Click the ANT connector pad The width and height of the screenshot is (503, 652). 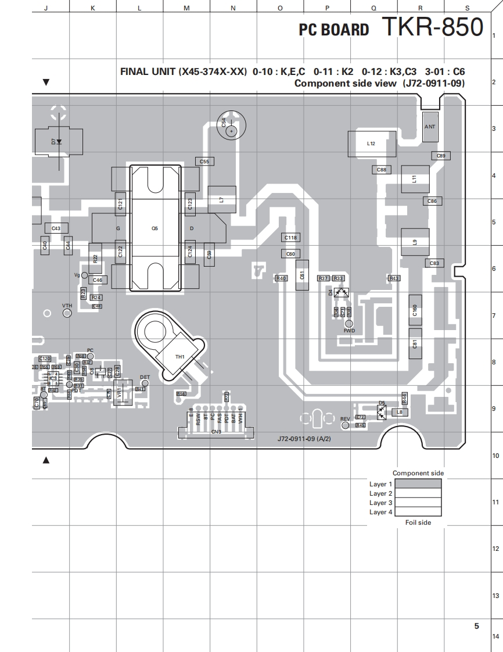point(430,127)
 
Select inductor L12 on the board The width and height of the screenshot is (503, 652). point(371,144)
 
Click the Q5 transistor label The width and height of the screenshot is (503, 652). point(155,228)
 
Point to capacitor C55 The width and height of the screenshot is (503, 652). point(204,161)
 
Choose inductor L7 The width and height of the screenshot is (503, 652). point(221,199)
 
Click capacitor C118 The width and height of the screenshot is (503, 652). point(291,238)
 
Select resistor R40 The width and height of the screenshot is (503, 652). point(281,278)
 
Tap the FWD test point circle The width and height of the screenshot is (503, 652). point(349,324)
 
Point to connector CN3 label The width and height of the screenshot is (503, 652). point(216,432)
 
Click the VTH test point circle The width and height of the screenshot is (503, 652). point(67,313)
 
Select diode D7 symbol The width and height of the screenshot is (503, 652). point(58,141)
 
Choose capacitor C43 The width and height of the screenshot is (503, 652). point(56,228)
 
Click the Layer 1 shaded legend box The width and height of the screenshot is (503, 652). point(418,483)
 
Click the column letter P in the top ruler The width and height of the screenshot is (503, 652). point(327,8)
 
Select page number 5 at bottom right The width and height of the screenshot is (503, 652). point(476,626)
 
